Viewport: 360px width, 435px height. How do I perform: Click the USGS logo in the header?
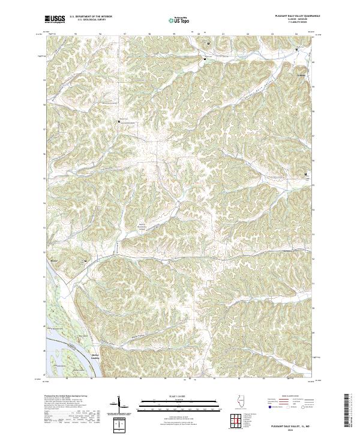click(55, 19)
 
